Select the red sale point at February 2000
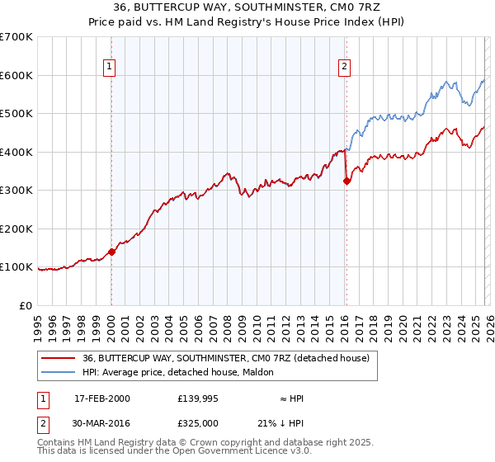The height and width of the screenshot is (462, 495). tap(111, 252)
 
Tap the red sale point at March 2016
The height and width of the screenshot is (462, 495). tap(346, 181)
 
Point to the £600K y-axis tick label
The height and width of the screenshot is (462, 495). tap(16, 75)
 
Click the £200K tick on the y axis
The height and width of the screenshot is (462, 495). tap(16, 229)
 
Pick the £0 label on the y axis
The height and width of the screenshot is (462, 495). tap(25, 305)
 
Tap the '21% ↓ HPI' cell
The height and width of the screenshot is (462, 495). tap(280, 423)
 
